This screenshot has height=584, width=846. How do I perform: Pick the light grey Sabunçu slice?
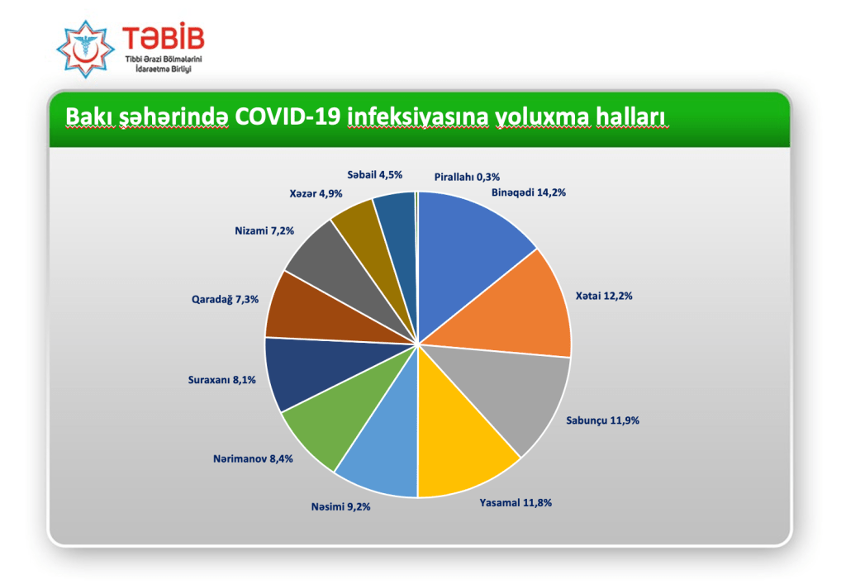coord(507,388)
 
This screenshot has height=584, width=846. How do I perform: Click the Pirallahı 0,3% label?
coord(467,177)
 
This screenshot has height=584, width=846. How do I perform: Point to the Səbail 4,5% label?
coord(374,175)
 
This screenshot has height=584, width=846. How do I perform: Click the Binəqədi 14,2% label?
coord(528,192)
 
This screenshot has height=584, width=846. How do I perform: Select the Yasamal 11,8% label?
coord(516,502)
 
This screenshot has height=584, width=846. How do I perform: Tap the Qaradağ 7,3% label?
coord(225,299)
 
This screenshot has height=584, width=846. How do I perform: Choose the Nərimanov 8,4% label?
coord(253,459)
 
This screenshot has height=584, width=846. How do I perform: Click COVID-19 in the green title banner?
coord(288,116)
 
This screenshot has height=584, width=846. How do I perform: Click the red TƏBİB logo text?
coord(164,37)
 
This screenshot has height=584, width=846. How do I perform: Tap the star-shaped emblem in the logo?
coord(85,49)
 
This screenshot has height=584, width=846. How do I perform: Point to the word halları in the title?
coord(632,116)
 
